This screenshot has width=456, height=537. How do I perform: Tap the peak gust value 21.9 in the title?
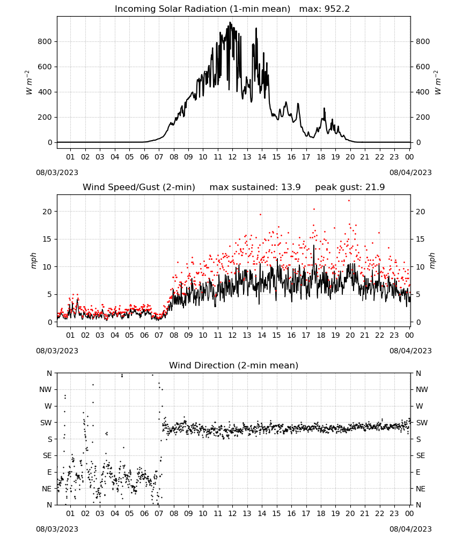376,187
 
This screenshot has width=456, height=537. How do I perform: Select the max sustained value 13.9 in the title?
291,187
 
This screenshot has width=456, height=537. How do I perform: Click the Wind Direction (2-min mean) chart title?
234,365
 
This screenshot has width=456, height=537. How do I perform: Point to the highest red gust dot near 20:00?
349,201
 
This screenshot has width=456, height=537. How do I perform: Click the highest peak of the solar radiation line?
230,23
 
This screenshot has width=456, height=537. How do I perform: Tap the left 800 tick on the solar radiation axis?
45,41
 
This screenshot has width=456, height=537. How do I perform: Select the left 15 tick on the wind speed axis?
47,239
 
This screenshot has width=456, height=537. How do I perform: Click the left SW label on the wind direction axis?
46,423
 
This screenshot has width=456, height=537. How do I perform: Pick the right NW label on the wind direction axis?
422,389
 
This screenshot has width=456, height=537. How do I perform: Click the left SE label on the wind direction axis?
47,455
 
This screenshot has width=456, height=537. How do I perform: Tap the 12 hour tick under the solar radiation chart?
232,157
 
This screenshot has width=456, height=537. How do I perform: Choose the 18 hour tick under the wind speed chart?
321,335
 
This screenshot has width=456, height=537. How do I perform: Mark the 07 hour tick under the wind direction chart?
159,513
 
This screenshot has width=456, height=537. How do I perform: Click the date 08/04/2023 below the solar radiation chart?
410,172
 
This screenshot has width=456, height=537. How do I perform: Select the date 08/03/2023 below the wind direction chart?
57,529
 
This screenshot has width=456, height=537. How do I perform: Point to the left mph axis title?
33,260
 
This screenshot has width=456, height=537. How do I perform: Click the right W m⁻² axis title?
438,83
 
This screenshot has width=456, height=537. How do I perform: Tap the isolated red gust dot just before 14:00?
260,214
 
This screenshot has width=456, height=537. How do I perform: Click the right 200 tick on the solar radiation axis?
423,117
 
